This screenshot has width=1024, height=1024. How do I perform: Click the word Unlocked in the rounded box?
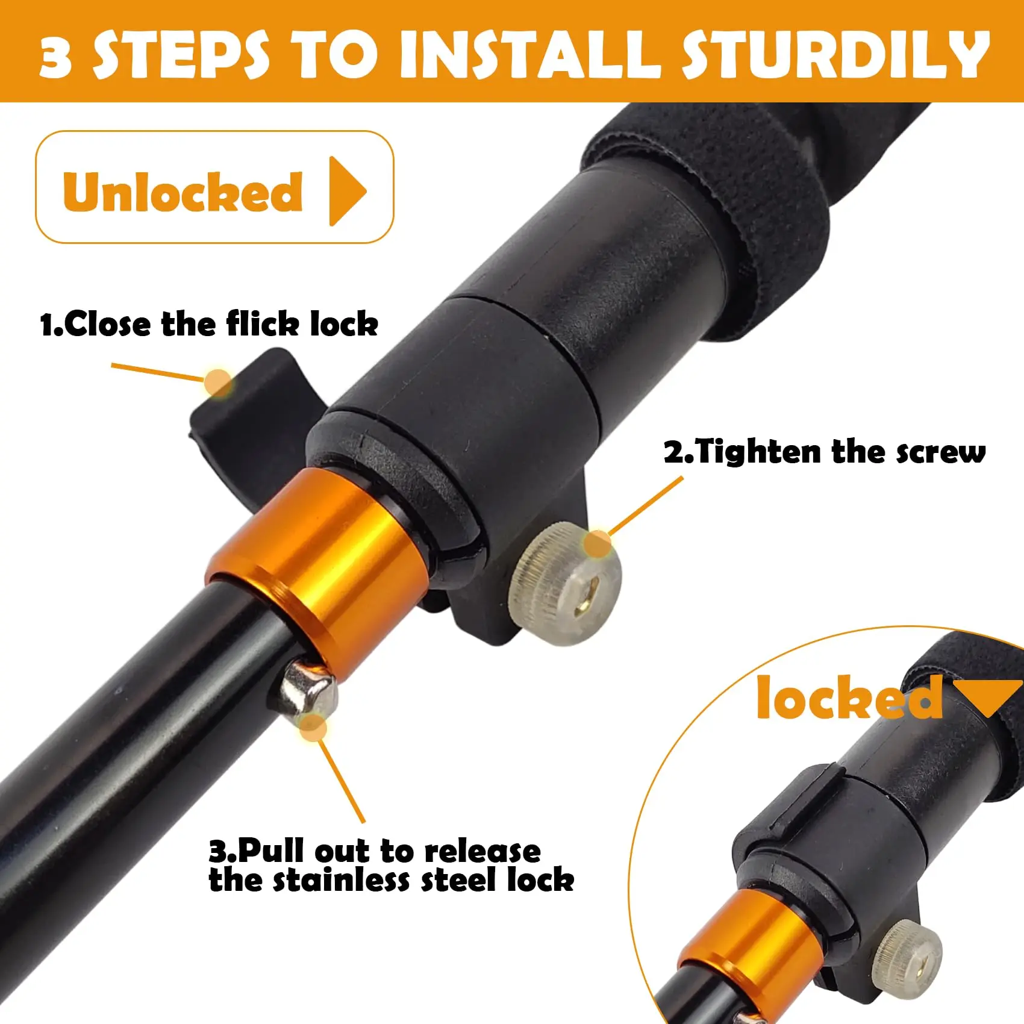pos(183,192)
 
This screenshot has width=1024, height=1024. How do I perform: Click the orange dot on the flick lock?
pos(217,382)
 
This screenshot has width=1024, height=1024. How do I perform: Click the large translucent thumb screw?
pos(566,584)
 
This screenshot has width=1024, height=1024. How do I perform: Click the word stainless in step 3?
pos(343,881)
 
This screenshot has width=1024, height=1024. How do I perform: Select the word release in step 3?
pos(482,851)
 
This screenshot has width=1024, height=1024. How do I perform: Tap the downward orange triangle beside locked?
pos(991,696)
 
